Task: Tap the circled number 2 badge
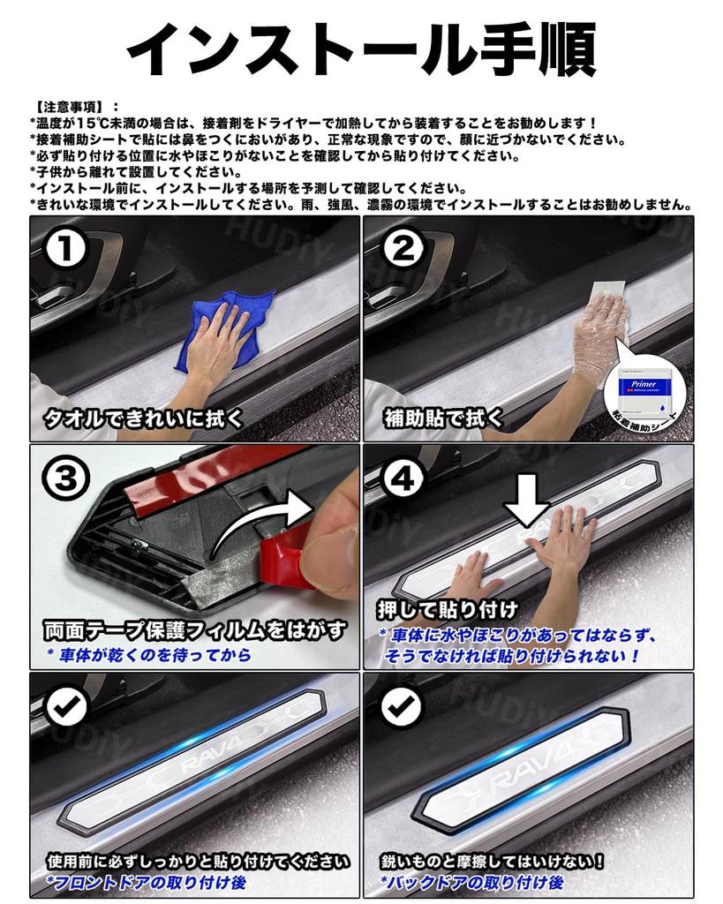click(x=403, y=249)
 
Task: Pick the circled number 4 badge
click(x=403, y=477)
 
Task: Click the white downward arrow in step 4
click(x=526, y=506)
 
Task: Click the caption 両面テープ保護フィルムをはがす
click(x=195, y=631)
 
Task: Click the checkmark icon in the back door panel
click(x=403, y=705)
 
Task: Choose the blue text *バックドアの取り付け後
click(x=472, y=882)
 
